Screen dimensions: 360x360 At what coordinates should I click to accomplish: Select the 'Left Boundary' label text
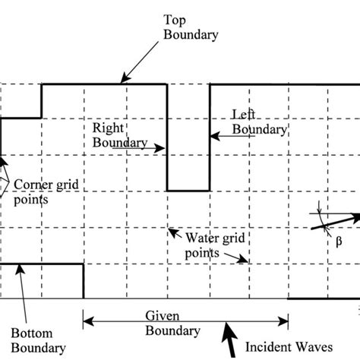[x=259, y=122]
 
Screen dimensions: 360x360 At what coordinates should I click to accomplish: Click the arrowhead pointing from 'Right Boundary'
[x=163, y=149]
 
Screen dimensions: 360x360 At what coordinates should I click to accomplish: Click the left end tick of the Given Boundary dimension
[x=84, y=321]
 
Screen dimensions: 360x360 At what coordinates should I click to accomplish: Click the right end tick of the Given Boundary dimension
[x=288, y=321]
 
